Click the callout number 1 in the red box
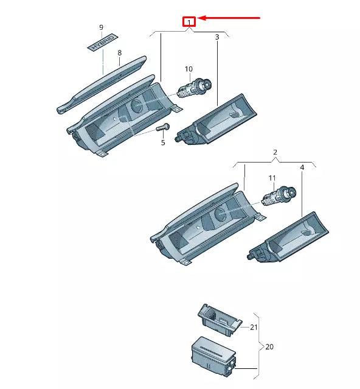pyautogui.click(x=190, y=23)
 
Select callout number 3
pyautogui.click(x=217, y=37)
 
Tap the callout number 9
pyautogui.click(x=101, y=27)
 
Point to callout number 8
pyautogui.click(x=119, y=53)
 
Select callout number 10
pyautogui.click(x=189, y=69)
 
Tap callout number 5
pyautogui.click(x=163, y=143)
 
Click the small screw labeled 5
pyautogui.click(x=162, y=128)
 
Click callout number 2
pyautogui.click(x=275, y=152)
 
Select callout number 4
pyautogui.click(x=302, y=167)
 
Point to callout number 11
pyautogui.click(x=272, y=178)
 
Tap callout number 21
pyautogui.click(x=254, y=327)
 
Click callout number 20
pyautogui.click(x=269, y=347)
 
